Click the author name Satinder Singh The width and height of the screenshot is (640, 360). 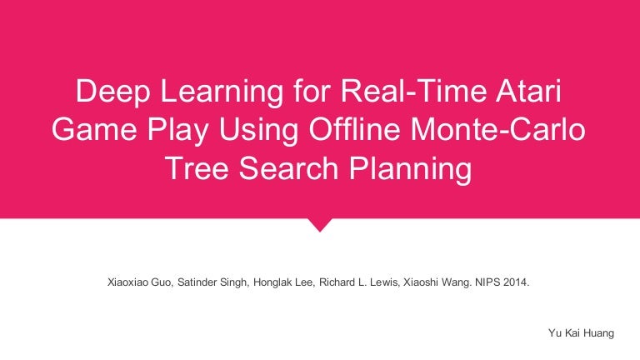[x=215, y=282]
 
